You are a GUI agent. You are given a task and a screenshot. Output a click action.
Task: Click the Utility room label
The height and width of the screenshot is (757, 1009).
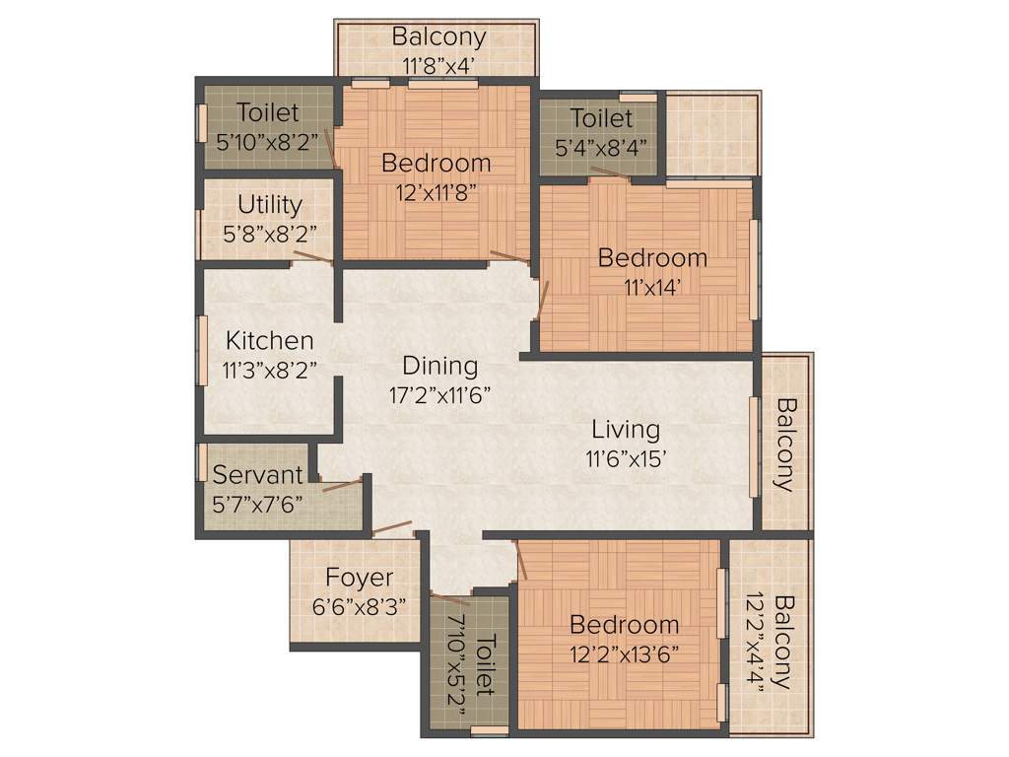click(x=269, y=205)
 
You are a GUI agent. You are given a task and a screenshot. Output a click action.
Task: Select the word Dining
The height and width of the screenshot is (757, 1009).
click(x=439, y=366)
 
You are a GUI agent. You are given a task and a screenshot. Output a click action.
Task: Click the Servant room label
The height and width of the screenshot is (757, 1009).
click(x=258, y=474)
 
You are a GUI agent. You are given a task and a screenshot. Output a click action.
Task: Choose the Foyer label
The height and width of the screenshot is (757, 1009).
click(x=359, y=578)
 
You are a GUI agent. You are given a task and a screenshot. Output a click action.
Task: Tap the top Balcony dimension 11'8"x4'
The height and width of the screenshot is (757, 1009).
click(x=438, y=65)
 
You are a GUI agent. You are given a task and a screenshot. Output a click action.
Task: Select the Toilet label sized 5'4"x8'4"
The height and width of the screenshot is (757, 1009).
click(x=601, y=119)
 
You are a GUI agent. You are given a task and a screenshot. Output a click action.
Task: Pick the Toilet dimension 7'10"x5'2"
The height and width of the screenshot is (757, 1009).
click(x=457, y=654)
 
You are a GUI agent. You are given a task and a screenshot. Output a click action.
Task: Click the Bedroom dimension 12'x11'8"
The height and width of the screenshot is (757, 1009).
click(x=437, y=191)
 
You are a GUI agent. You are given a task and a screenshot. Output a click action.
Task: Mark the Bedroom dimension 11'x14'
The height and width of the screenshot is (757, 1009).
click(x=652, y=287)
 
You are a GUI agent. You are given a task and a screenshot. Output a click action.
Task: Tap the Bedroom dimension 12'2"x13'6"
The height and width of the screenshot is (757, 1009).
click(x=624, y=653)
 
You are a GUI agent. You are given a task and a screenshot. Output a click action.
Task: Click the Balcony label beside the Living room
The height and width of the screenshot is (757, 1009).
click(x=785, y=444)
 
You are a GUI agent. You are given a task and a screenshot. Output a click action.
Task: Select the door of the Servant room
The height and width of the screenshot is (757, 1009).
click(x=341, y=484)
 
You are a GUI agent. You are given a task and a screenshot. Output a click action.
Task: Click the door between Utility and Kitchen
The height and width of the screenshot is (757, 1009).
click(x=311, y=259)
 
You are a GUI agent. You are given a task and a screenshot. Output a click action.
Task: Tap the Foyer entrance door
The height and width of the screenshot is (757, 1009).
click(x=391, y=529)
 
